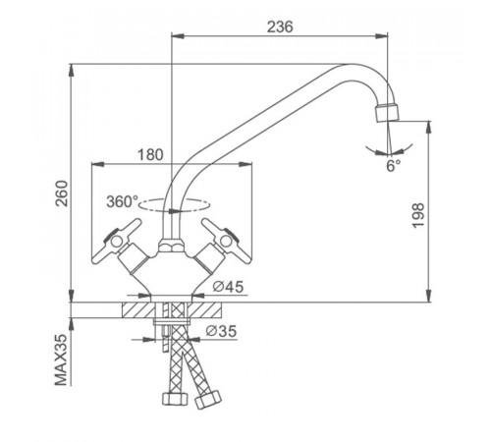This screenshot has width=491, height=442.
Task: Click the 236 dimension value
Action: [x=280, y=27]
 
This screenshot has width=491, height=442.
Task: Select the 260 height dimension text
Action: [x=62, y=193]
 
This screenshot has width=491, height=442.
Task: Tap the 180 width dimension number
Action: [x=150, y=155]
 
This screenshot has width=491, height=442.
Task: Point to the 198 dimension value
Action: [x=418, y=215]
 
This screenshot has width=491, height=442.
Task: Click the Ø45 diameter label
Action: [x=228, y=287]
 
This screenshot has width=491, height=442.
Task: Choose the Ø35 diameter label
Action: [x=221, y=331]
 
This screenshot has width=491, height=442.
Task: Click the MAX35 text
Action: [x=61, y=360]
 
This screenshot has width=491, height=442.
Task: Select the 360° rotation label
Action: [x=123, y=201]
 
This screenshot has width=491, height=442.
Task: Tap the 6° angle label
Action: [x=393, y=166]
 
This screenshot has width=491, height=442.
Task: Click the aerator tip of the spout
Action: [x=387, y=113]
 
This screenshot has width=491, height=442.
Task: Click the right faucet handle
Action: [x=225, y=242]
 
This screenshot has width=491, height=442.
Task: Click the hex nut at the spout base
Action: [x=172, y=247]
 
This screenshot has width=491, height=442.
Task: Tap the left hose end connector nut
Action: [x=175, y=399]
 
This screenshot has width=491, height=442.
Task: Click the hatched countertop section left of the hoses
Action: [x=138, y=309]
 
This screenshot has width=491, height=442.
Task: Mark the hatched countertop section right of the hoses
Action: [x=205, y=309]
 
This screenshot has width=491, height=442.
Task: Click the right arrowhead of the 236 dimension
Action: [x=381, y=36]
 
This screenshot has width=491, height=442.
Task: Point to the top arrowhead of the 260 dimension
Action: [x=72, y=71]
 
